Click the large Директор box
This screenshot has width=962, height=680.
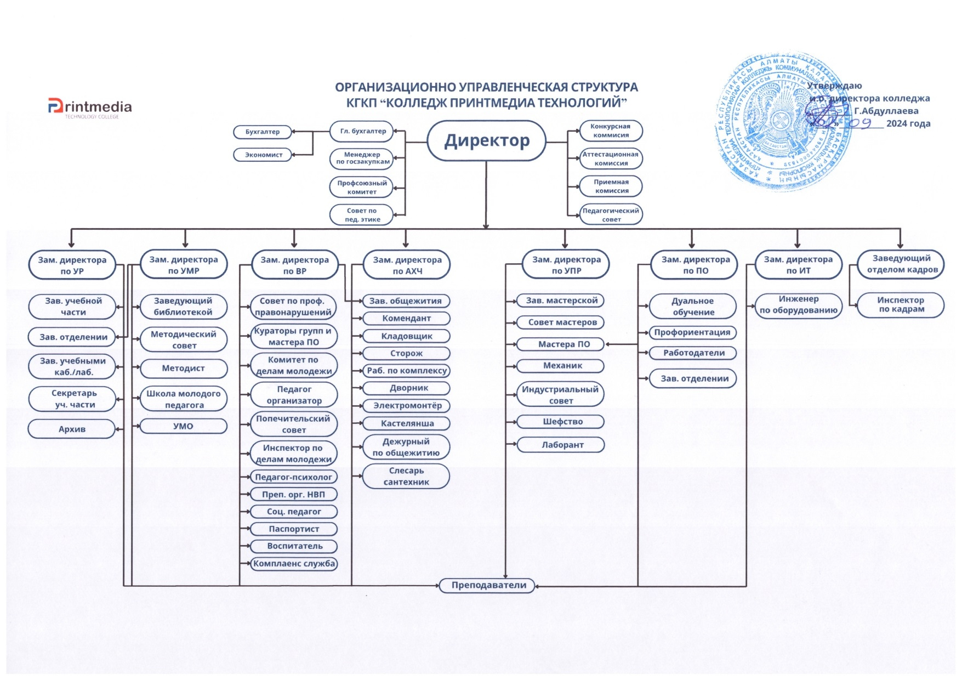486,141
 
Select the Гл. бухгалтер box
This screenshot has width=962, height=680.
362,131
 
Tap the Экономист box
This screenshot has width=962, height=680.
263,155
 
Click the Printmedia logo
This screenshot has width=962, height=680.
90,107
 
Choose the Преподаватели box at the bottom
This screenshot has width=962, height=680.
488,585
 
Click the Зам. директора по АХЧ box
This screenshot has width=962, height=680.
407,265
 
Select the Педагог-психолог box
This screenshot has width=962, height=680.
293,477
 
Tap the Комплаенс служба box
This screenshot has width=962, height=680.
294,563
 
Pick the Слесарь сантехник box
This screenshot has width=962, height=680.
406,476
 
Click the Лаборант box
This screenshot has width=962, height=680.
562,445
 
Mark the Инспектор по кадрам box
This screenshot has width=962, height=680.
901,304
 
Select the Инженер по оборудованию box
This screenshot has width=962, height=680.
798,304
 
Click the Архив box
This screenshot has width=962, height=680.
72,429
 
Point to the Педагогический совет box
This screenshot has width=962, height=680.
611,214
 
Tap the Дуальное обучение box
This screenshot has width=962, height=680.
693,306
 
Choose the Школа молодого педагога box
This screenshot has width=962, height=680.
184,399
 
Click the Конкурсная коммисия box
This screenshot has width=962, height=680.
611,131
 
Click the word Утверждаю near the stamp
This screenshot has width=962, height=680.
834,86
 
